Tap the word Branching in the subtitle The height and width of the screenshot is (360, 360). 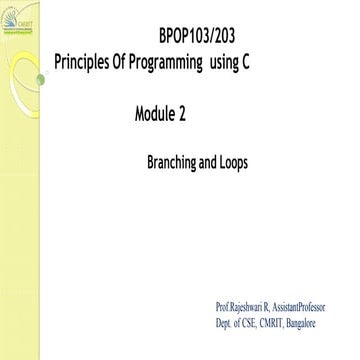pyautogui.click(x=175, y=160)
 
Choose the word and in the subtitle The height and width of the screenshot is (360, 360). pyautogui.click(x=215, y=160)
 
